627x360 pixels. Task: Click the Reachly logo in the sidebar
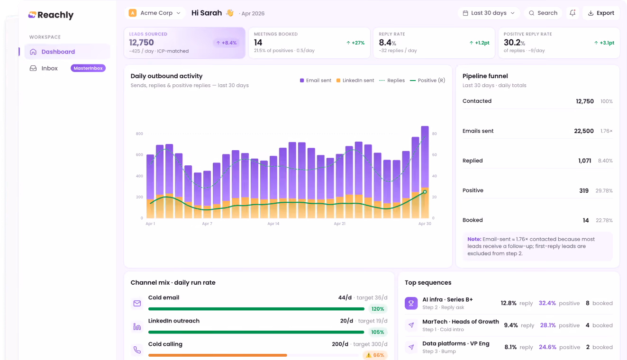coord(51,15)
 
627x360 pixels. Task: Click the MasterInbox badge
coord(88,68)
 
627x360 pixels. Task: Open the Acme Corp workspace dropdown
coord(155,13)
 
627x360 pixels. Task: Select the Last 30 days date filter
coord(489,13)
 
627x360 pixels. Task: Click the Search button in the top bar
coord(543,13)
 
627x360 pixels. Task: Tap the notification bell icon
coord(572,13)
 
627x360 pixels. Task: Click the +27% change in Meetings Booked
coord(355,43)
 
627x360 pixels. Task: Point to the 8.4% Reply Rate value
coord(387,43)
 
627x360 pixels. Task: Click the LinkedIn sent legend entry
coord(355,81)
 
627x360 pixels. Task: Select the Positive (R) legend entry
coord(427,81)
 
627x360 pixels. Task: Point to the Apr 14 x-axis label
coord(273,224)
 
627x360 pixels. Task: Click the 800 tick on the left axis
coord(139,134)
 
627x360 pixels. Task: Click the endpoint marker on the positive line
coord(425,192)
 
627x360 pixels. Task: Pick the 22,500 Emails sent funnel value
coord(583,131)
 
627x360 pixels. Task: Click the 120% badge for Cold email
coord(378,309)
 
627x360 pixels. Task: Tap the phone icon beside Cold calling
coord(137,350)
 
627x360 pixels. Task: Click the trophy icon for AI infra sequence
coord(411,303)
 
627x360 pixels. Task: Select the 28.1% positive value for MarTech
coord(548,325)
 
